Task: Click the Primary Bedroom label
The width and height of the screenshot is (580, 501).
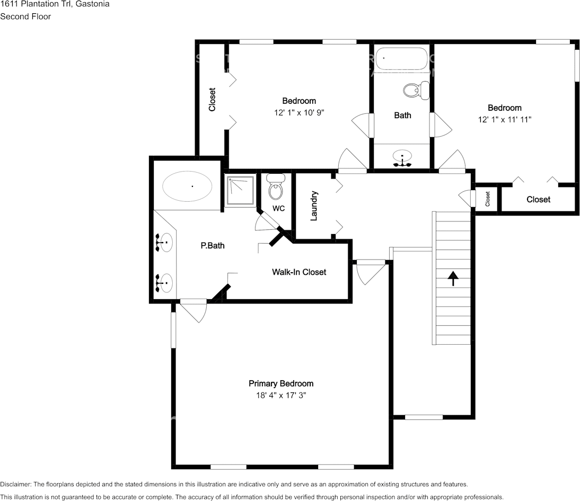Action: click(281, 383)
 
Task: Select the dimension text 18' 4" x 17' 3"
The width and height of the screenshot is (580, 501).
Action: click(281, 395)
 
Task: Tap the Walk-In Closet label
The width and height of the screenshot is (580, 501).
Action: click(299, 272)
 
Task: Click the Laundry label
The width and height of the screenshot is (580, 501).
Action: click(314, 205)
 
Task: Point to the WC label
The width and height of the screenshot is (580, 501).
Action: click(278, 208)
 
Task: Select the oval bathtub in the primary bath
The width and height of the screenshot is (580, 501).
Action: click(187, 186)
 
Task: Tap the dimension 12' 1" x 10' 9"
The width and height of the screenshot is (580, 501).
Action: click(299, 112)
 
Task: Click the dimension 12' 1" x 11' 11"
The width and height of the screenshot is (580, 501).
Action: click(504, 120)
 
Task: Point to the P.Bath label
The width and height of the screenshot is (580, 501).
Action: click(209, 246)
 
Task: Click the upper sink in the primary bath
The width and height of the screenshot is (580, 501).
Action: click(164, 243)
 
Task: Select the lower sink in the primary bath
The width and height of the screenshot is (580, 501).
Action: click(164, 283)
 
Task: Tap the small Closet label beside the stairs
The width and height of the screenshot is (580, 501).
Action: click(487, 199)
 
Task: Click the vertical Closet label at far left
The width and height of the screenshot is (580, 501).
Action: click(212, 100)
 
